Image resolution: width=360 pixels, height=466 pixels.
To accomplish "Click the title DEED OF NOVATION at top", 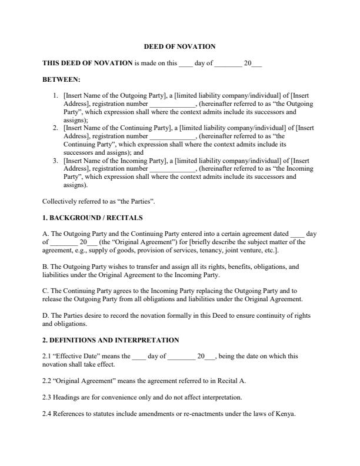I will [179, 46].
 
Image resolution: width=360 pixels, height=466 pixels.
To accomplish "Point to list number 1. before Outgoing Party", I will [56, 95].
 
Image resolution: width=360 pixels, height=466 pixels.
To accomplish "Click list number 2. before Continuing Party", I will [56, 127].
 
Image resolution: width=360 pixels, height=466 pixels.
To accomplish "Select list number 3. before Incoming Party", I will [56, 160].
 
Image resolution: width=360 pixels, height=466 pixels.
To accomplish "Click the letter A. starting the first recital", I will [46, 234].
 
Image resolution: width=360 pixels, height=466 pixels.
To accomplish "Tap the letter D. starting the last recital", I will [46, 315].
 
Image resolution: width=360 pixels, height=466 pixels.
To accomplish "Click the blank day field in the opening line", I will [185, 63].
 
